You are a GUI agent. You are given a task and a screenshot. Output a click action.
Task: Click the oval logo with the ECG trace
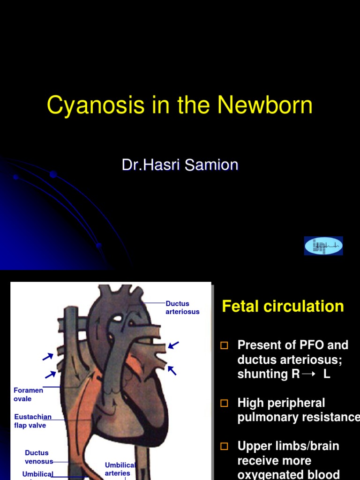coord(323,246)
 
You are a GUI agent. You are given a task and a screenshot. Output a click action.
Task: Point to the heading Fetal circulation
coord(283,307)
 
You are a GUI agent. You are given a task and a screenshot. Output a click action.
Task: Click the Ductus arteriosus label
coord(182,307)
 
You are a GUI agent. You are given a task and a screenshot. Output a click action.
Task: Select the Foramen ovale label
coord(28,394)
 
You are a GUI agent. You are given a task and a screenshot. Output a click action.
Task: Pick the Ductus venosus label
coord(37,457)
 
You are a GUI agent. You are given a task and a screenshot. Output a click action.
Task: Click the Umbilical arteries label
coord(120,469)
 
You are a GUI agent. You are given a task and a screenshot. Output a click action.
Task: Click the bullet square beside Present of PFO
coord(224,346)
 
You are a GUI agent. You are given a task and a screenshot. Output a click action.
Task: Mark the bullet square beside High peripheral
coord(224,403)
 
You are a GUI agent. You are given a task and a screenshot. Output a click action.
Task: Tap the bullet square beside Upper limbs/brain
coord(224,446)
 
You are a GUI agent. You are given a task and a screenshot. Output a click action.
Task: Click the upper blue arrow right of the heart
coord(173,345)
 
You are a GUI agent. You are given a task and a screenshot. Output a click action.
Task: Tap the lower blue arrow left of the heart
coord(51,374)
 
